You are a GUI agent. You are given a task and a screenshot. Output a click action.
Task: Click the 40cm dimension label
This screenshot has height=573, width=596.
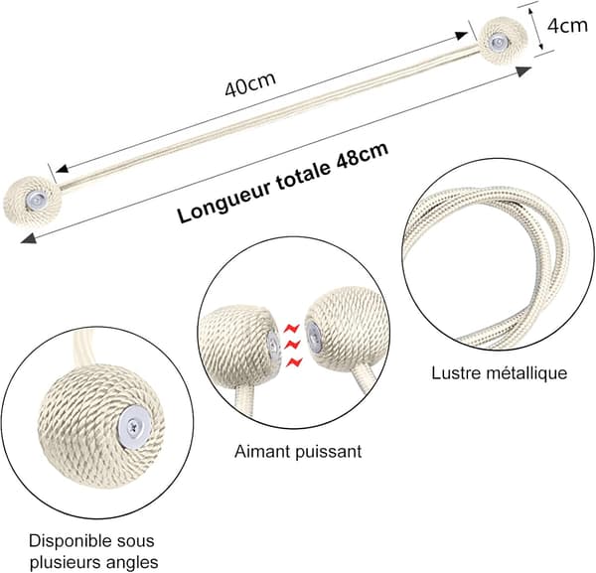(249, 84)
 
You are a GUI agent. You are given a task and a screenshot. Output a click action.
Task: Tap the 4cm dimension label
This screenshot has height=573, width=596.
(567, 26)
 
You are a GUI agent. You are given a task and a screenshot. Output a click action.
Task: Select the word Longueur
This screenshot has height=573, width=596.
(224, 200)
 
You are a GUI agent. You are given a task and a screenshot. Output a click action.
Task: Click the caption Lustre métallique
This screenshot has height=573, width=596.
(499, 373)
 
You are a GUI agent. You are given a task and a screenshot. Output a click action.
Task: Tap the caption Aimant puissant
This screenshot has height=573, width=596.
(298, 452)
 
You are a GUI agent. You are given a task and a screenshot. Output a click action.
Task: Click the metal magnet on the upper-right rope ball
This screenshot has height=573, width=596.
(498, 41)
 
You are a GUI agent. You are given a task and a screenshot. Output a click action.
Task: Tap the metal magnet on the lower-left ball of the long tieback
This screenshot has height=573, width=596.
(37, 199)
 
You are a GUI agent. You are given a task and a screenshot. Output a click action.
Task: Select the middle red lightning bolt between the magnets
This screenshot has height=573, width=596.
(292, 345)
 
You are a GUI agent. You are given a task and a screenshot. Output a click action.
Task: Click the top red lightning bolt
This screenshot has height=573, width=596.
(292, 328)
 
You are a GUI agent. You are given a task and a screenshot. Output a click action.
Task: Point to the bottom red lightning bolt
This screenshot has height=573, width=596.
(294, 362)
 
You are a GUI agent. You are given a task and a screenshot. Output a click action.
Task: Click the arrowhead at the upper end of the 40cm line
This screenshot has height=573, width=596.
(461, 36)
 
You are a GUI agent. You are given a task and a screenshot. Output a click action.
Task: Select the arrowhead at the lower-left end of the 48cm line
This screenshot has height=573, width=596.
(29, 239)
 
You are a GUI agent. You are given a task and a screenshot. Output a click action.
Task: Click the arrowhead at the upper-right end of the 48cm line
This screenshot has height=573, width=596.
(523, 72)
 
